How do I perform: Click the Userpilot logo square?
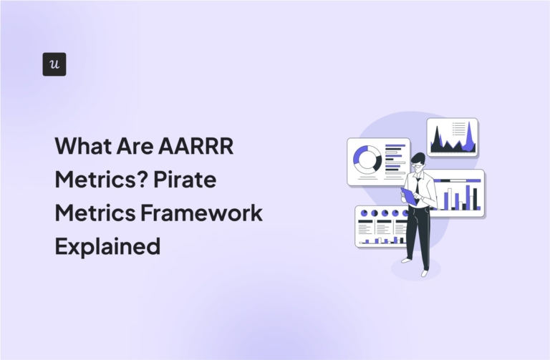[x=54, y=64]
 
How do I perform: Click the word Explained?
[x=107, y=245]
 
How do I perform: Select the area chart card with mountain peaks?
[x=453, y=137]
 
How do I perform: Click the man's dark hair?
[x=418, y=157]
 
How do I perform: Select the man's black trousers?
[x=418, y=233]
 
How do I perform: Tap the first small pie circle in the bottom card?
[x=364, y=213]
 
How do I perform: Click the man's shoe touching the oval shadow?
[x=425, y=272]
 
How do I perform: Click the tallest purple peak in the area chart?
[x=469, y=134]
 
